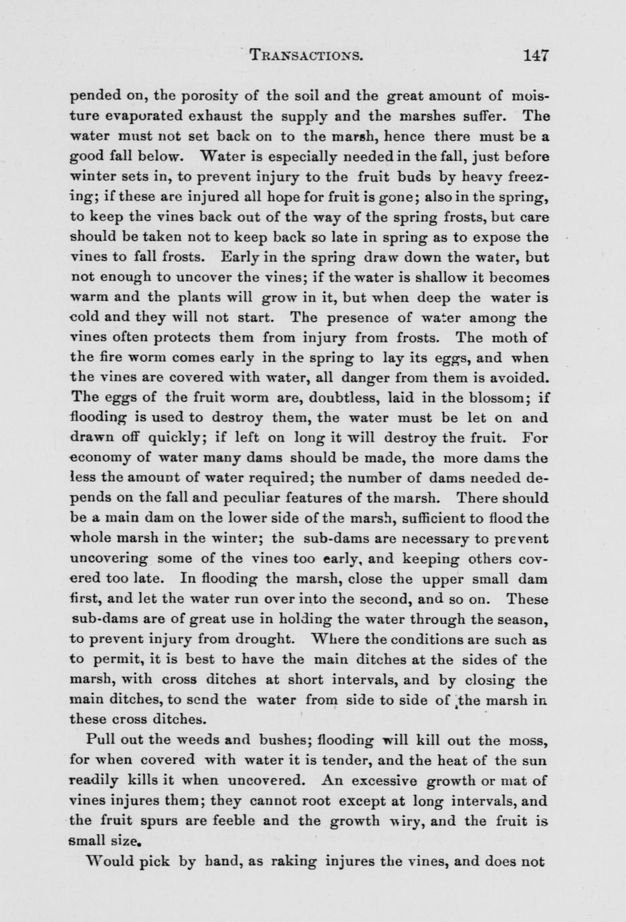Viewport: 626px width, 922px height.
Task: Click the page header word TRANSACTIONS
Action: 305,55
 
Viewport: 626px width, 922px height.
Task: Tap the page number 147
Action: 536,55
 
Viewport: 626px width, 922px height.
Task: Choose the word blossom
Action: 494,398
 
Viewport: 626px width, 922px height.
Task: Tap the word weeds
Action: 189,740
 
